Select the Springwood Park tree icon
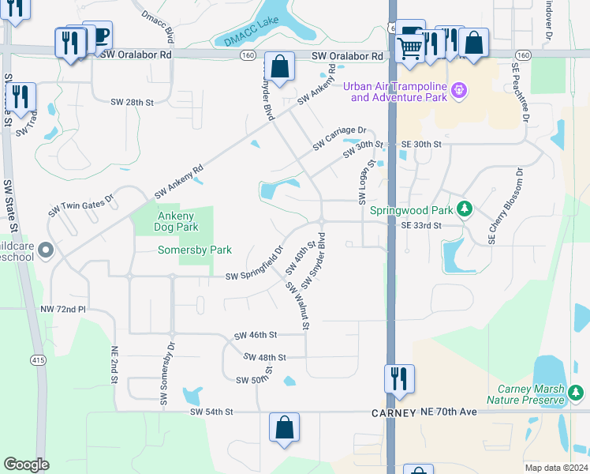coord(465,209)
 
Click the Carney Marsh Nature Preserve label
coord(531,394)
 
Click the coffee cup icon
coord(99,35)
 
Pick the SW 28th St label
coord(132,103)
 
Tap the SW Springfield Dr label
coord(254,265)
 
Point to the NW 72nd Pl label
coord(64,309)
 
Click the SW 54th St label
coord(212,412)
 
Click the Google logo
coord(27,465)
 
